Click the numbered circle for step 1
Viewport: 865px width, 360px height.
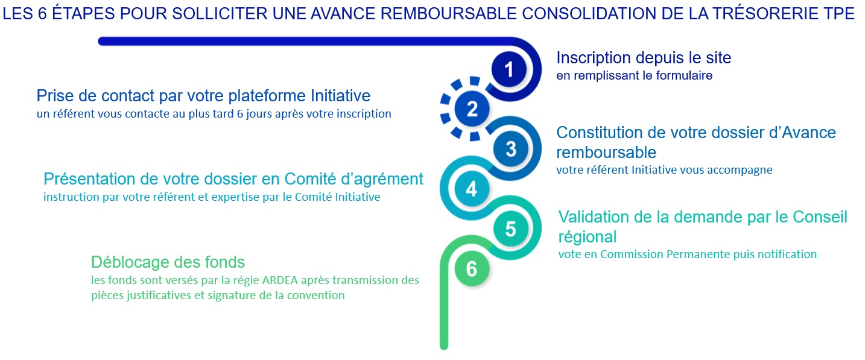tap(509, 69)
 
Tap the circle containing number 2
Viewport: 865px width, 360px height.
tap(472, 109)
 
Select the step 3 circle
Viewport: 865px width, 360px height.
tap(510, 149)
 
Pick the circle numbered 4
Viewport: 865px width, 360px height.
tap(472, 189)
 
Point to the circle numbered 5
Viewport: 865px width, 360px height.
tap(510, 229)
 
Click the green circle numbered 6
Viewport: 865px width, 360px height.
tap(472, 269)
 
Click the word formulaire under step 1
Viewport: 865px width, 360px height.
tap(684, 75)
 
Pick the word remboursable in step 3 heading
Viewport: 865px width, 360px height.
tap(606, 153)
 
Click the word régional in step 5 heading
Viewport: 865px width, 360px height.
tap(588, 238)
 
